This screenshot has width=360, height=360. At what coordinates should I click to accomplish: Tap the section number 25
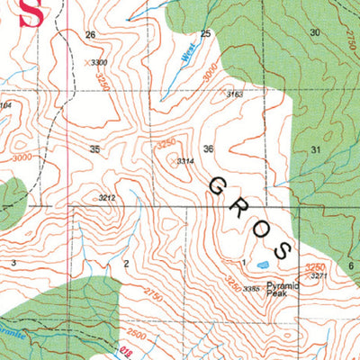(x=205, y=33)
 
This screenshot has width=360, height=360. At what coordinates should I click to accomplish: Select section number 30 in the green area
(x=314, y=32)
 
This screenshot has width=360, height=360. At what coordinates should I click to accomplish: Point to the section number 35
(x=94, y=148)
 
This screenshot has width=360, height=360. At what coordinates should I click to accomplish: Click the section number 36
(x=209, y=148)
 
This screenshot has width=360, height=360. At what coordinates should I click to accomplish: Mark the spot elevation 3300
(x=99, y=62)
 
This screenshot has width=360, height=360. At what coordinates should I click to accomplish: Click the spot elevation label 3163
(x=235, y=94)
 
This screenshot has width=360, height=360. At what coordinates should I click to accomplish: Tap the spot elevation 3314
(x=184, y=161)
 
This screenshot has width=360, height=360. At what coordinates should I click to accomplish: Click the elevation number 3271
(x=319, y=276)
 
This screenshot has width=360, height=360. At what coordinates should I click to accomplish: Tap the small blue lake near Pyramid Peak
(x=262, y=265)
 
